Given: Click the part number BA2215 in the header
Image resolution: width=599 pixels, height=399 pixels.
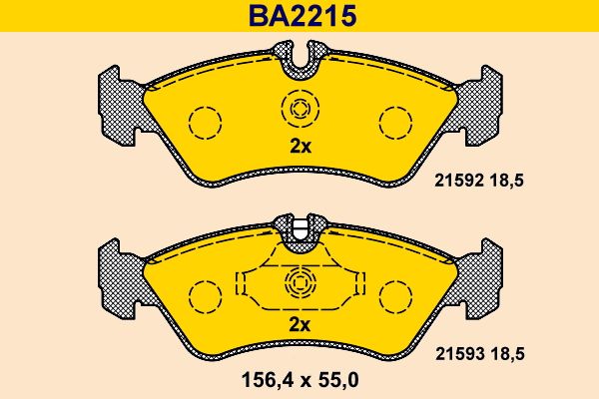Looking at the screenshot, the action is [x=302, y=16].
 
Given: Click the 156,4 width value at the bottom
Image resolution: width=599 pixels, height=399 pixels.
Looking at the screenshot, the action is [x=267, y=380].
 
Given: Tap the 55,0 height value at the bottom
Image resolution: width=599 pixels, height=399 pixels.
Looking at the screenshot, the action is [x=336, y=380].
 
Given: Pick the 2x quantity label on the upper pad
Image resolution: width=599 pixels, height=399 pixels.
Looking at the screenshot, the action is [x=300, y=147].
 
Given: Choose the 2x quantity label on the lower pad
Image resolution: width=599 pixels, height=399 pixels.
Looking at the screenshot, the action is [x=299, y=324].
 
